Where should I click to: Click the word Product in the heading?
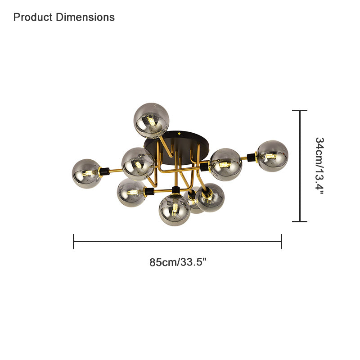coord(33,17)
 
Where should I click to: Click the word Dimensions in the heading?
coord(85,17)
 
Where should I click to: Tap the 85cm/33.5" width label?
coord(178,262)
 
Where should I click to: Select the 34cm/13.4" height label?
coord(319,166)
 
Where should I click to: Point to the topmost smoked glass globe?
coord(152,121)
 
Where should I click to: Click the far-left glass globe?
coord(86,174)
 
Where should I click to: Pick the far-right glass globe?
coord(272,156)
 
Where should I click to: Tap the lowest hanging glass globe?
coord(175,210)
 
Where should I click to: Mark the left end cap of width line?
coord(73,242)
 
